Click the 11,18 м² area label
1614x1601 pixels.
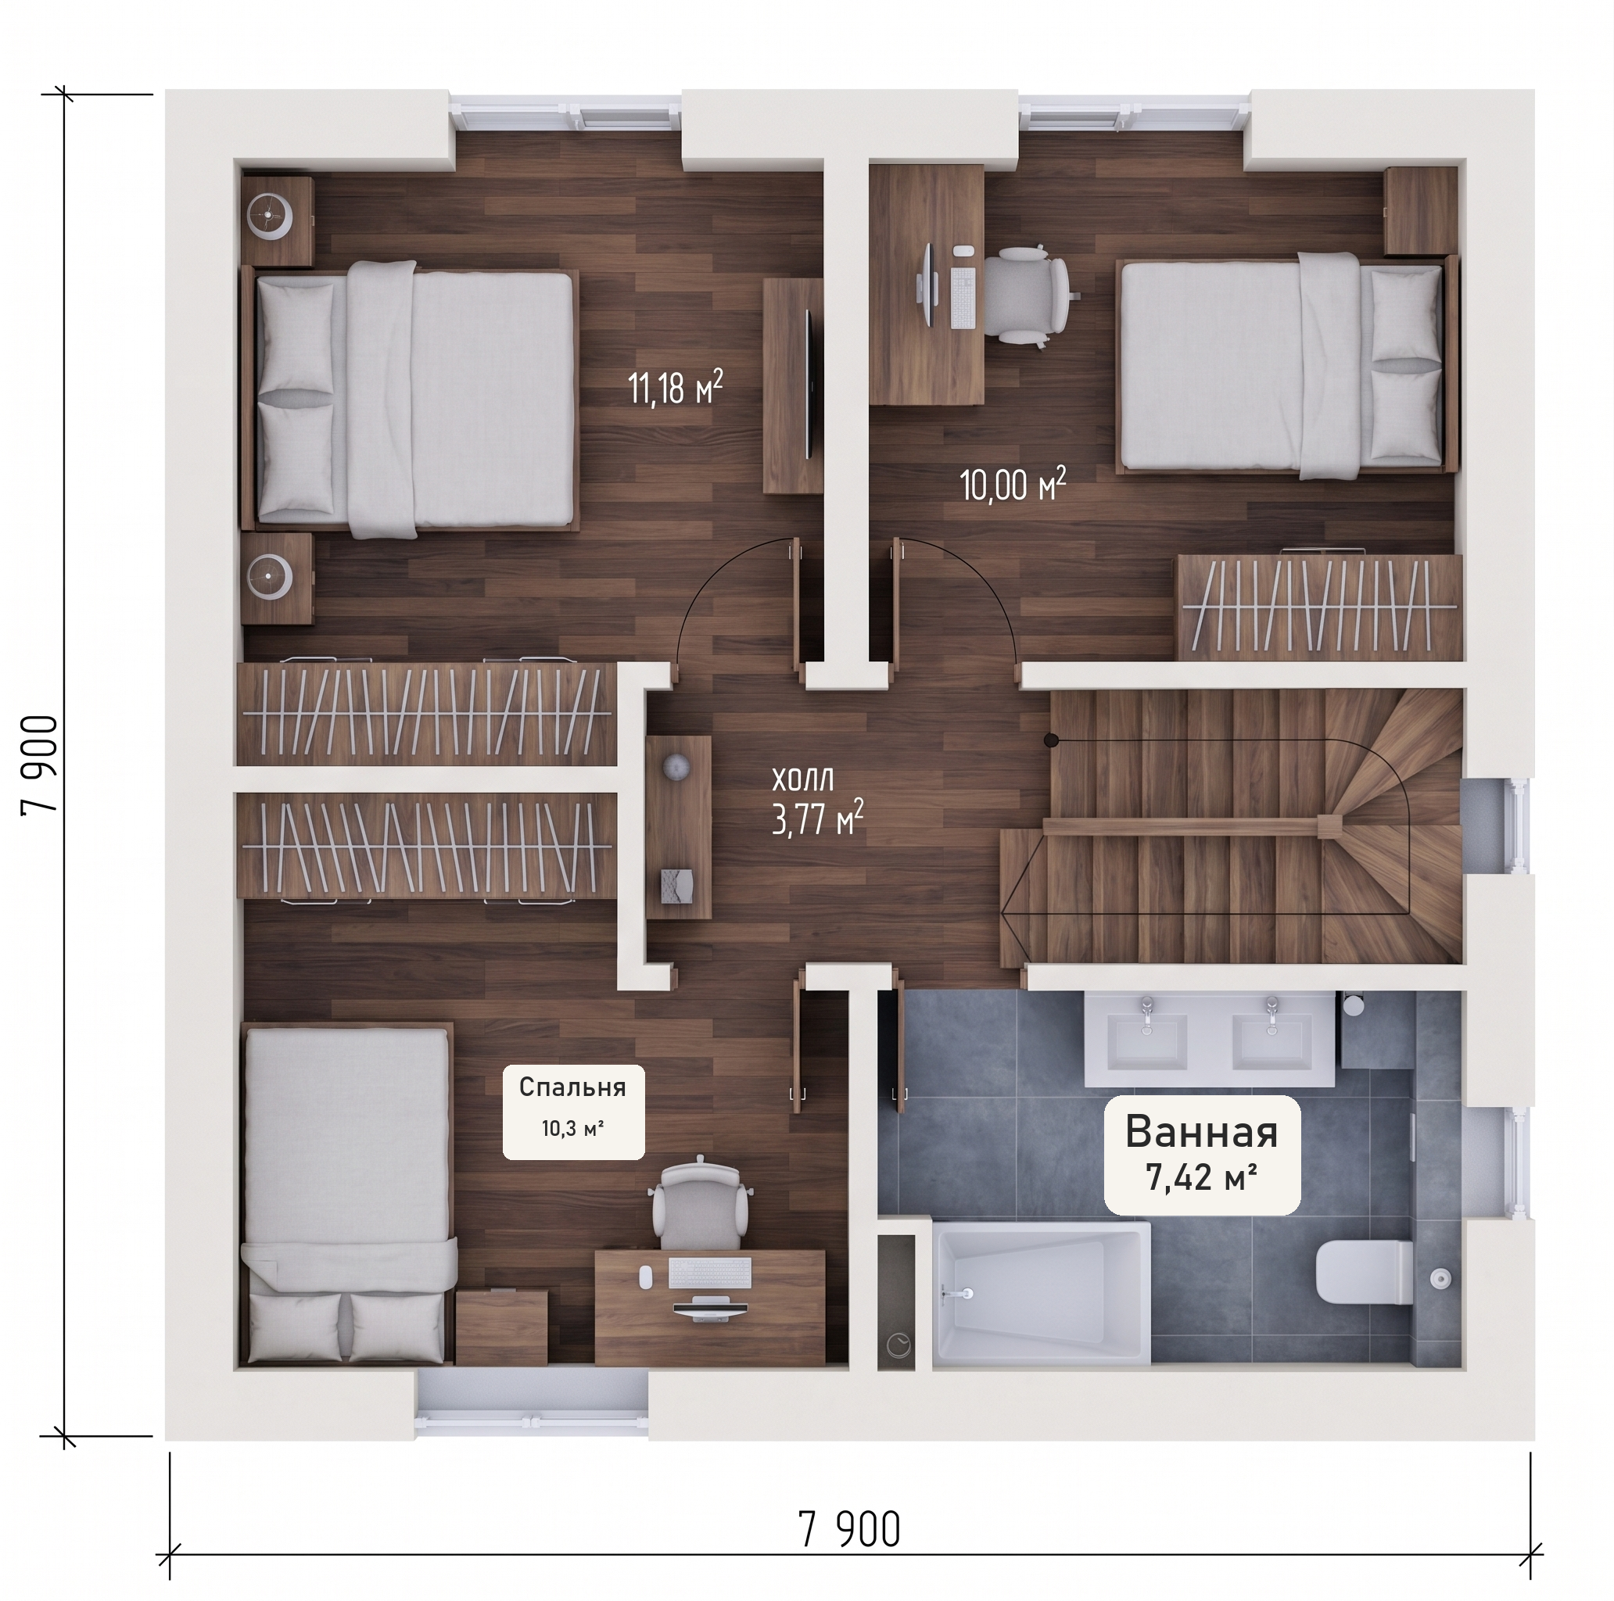(675, 388)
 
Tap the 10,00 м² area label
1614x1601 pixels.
(1013, 484)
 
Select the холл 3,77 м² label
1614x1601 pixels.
(817, 803)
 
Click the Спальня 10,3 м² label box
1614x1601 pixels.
(573, 1112)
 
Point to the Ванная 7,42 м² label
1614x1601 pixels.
(1202, 1154)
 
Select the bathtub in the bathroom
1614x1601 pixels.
(1041, 1294)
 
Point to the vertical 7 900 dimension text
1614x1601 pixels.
(41, 762)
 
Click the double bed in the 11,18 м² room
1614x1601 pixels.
(411, 399)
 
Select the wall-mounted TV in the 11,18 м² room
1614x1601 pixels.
(809, 383)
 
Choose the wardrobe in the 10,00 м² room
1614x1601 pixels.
(1319, 607)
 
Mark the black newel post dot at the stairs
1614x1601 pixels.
(1053, 740)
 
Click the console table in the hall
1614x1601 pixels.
(677, 827)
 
